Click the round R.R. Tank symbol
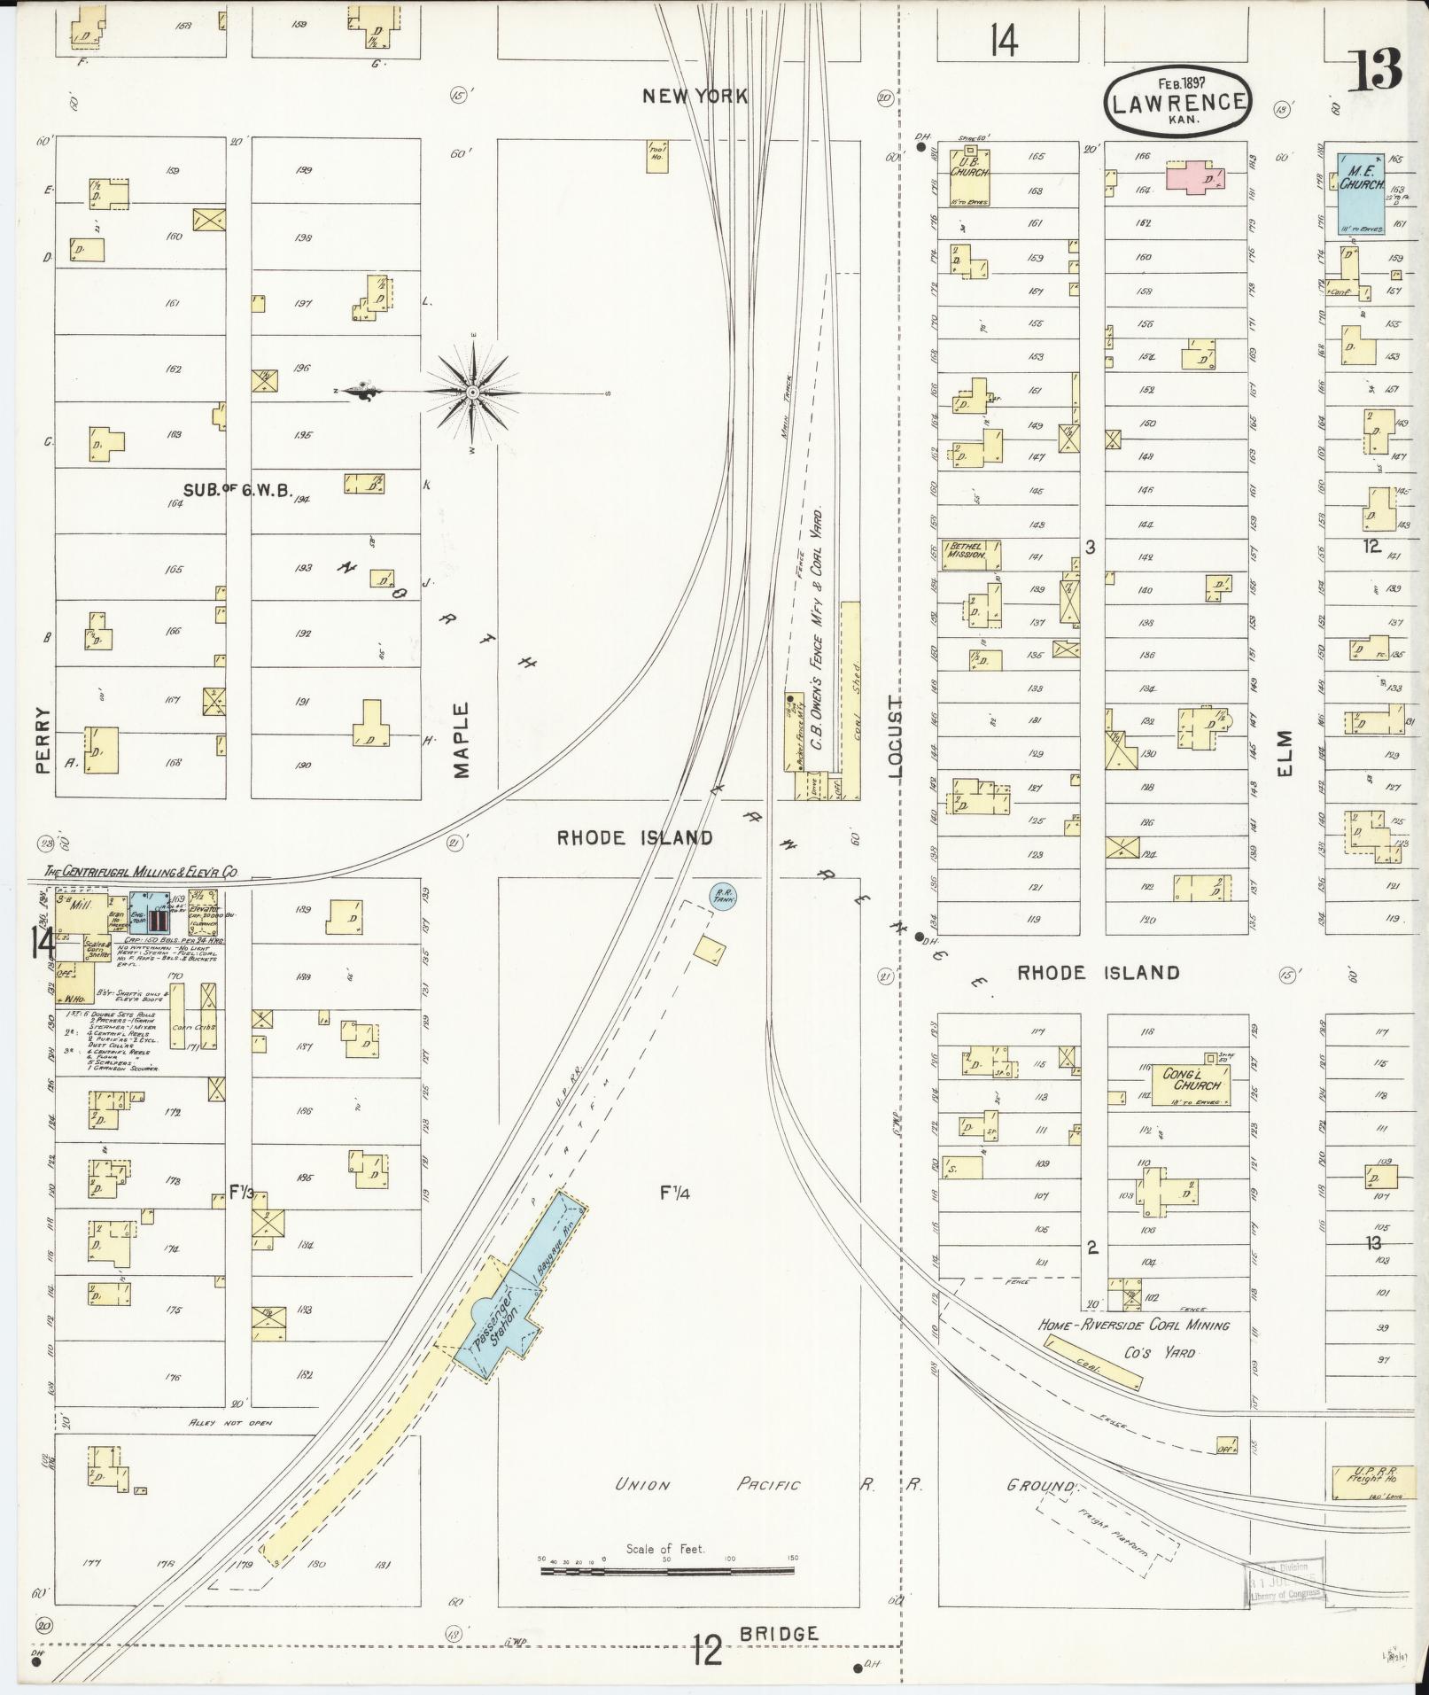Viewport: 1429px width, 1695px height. coord(723,897)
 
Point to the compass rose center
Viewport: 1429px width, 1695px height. coord(473,391)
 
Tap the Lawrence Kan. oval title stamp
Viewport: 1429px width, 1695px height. coord(1177,102)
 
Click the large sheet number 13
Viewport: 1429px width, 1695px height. coord(1375,71)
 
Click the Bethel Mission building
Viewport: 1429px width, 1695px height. coord(970,554)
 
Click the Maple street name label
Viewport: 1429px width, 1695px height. coord(461,740)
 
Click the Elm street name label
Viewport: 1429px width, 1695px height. coord(1285,751)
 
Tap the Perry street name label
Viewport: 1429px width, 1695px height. coord(42,741)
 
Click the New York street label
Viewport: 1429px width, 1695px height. coord(695,96)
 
